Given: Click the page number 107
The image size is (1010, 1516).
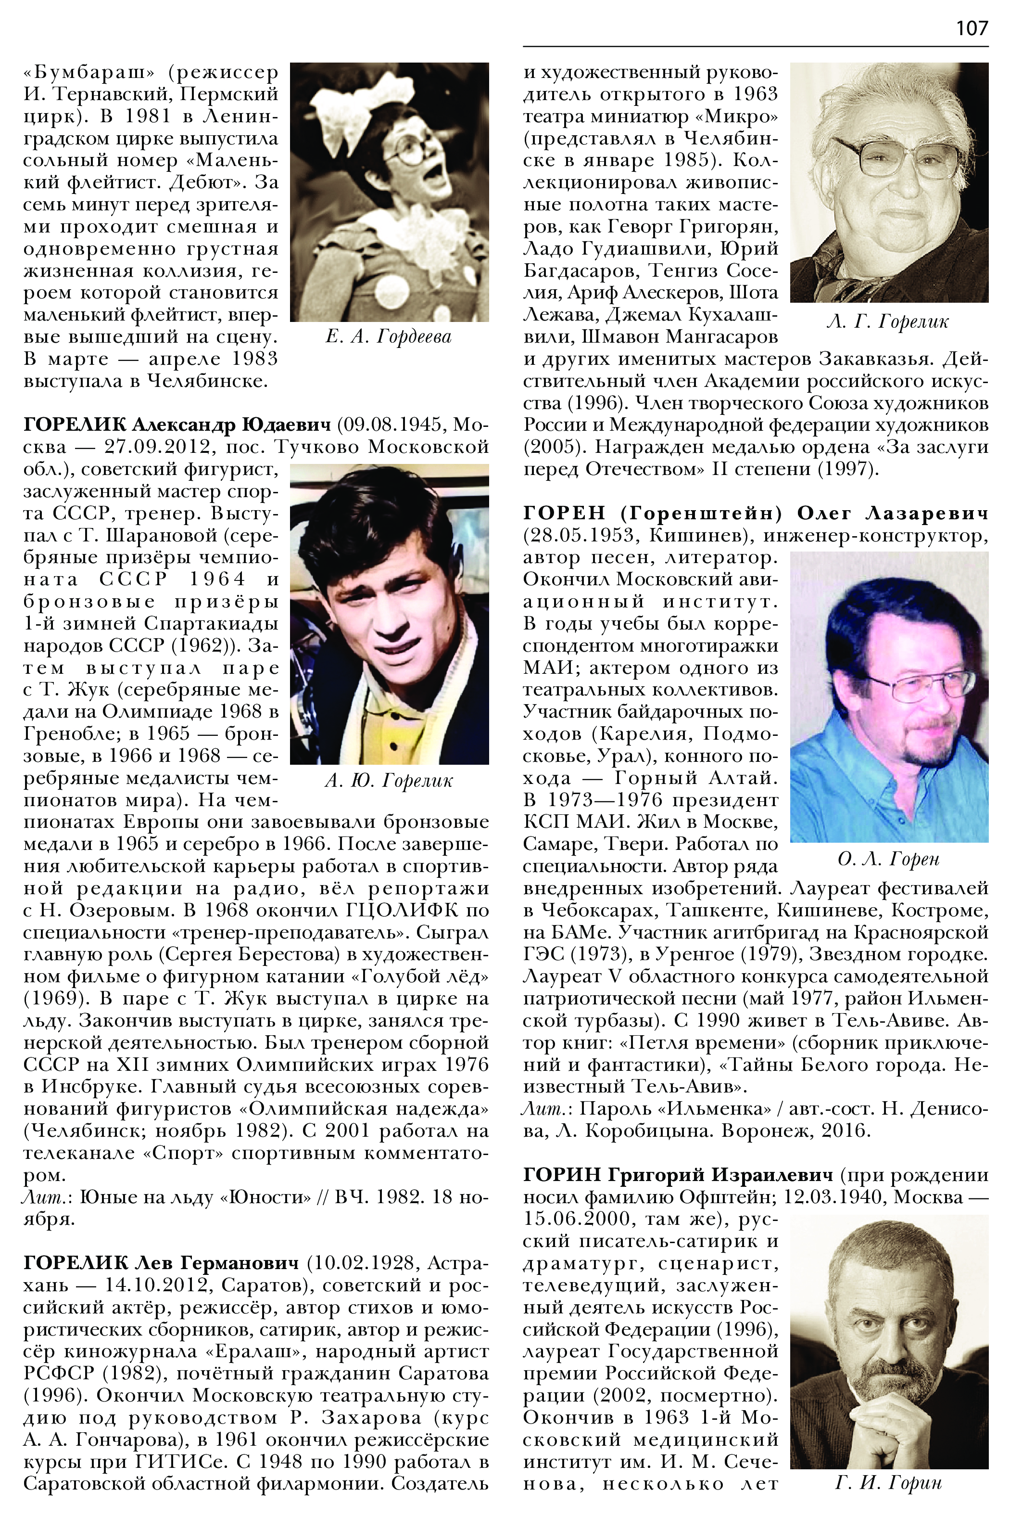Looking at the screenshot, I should pos(972,28).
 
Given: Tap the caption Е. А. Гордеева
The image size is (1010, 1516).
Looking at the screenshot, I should pos(389,336).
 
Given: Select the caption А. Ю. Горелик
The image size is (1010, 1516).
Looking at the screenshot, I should pos(389,781).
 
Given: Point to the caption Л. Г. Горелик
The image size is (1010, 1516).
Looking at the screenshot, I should pos(888,321).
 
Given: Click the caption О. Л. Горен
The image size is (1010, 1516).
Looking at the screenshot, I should pos(888,859).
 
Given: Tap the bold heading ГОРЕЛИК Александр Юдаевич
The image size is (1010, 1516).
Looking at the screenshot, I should pos(177,425).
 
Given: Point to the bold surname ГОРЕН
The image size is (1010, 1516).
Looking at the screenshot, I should pos(564,513).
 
